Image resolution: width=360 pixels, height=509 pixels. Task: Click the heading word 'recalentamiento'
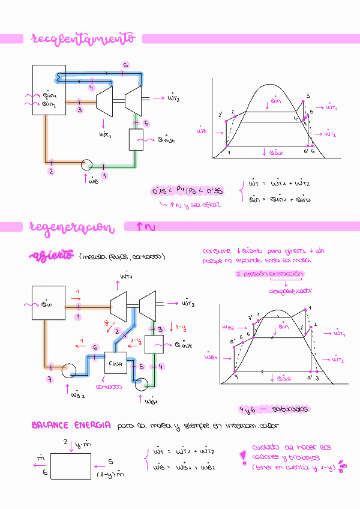[x=83, y=39]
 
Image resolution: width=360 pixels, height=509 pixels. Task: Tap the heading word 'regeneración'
[x=71, y=227]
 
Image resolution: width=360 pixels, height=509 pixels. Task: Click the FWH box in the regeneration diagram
[x=115, y=363]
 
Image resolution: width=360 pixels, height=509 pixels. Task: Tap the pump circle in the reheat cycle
[x=86, y=164]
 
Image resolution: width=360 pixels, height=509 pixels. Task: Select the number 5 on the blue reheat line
[x=125, y=65]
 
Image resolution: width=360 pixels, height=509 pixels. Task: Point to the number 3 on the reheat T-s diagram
[x=308, y=96]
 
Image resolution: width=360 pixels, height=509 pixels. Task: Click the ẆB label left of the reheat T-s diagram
[x=202, y=129]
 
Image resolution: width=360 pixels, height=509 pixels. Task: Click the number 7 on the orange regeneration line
[x=50, y=379]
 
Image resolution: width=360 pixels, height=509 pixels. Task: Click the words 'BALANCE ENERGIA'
[x=71, y=425]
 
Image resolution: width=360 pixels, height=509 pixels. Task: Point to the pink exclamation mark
[x=243, y=457]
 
